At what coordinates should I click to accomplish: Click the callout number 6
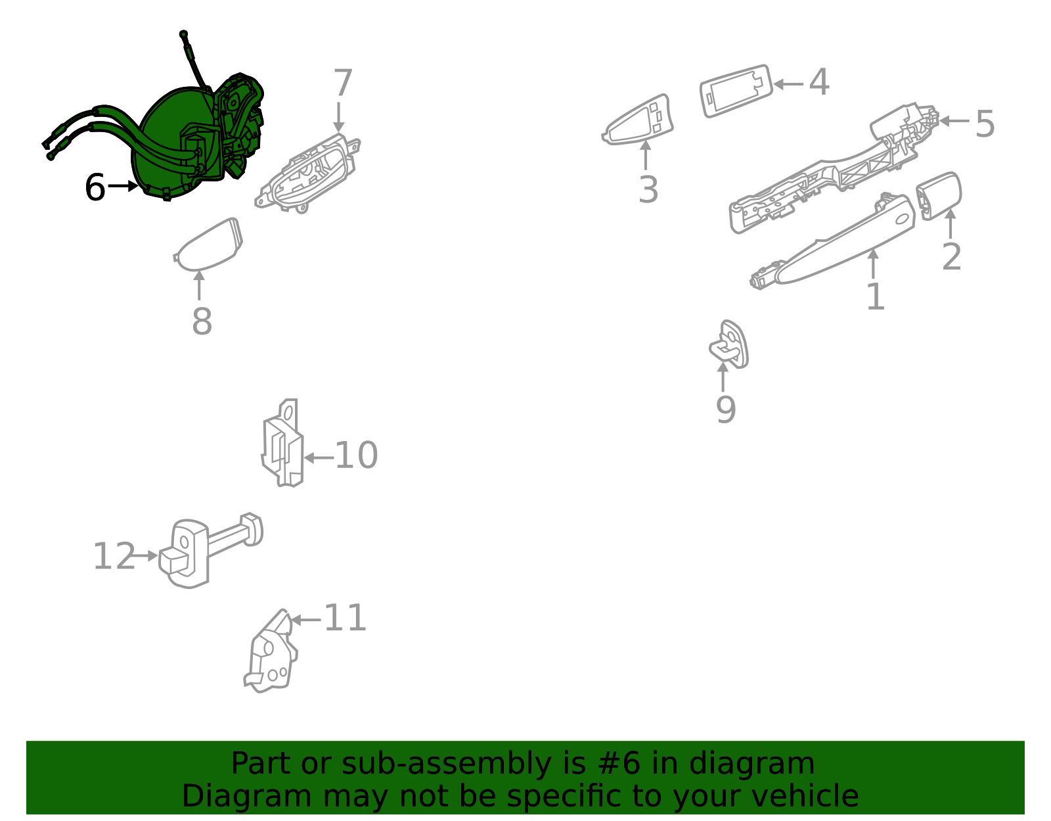coord(95,187)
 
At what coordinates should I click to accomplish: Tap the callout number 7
coord(343,83)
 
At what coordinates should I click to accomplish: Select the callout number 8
coord(202,321)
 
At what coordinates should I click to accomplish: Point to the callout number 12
coord(114,556)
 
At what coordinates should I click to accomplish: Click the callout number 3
coord(648,189)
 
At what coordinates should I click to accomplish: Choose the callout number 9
coord(725,410)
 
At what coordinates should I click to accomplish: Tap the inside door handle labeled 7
coord(307,174)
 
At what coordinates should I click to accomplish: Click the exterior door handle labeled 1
coord(832,242)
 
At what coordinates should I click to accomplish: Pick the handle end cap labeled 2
coord(938,196)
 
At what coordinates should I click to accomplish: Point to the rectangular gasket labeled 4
coord(736,91)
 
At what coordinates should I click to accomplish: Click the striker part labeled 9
coord(729,344)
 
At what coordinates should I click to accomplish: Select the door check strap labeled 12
coord(211,551)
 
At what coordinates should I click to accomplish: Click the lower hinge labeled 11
coord(271,651)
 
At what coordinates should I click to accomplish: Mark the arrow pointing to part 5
coord(954,121)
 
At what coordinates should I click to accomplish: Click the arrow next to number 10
coord(319,457)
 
